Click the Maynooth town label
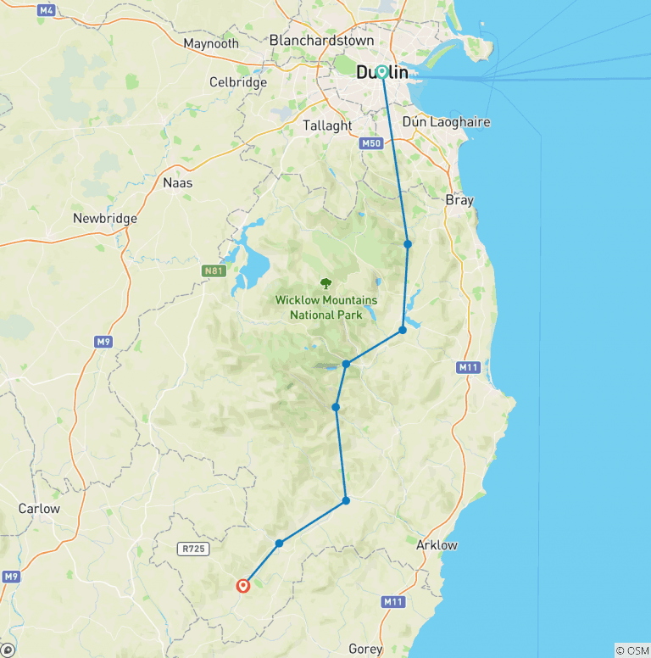pos(211,43)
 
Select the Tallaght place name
pos(327,125)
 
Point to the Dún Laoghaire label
pos(446,122)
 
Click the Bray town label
pos(459,201)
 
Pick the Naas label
pos(177,182)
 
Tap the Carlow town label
pos(39,509)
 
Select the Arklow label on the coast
pos(437,545)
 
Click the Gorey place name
pos(365,649)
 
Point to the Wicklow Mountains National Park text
pos(326,307)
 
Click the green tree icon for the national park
pos(325,283)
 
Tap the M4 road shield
pos(47,10)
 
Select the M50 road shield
pos(371,143)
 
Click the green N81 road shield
pos(214,271)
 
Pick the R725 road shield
pos(193,549)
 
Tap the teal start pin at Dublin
pos(382,73)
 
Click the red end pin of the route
pos(243,584)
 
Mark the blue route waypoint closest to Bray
pos(408,244)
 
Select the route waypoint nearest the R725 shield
pos(279,543)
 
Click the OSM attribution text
pos(632,650)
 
